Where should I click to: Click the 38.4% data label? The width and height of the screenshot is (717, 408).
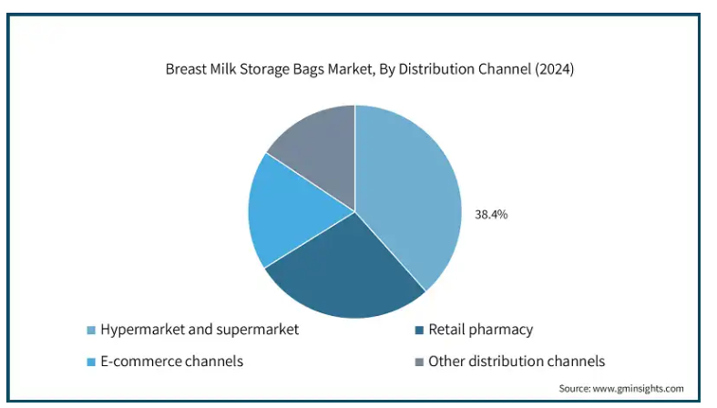tap(491, 214)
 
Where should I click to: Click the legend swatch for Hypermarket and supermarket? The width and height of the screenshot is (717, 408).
tap(91, 330)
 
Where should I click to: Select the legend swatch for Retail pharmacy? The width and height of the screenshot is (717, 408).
tap(419, 330)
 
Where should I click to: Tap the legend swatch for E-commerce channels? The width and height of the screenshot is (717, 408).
tap(91, 362)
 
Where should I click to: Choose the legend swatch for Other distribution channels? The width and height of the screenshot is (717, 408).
tap(419, 362)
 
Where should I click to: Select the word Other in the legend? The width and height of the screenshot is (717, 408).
tap(446, 362)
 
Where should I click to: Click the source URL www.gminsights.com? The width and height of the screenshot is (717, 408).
tap(639, 388)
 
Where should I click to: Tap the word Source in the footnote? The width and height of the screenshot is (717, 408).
tap(575, 388)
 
